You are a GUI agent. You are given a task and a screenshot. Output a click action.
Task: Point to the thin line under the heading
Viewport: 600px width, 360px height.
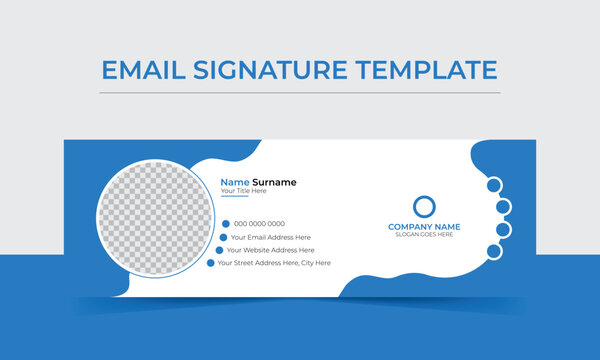pyautogui.click(x=299, y=93)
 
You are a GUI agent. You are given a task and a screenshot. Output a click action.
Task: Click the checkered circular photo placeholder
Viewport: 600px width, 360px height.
pyautogui.click(x=154, y=217)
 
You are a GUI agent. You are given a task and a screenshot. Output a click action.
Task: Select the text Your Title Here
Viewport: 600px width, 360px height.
pyautogui.click(x=243, y=191)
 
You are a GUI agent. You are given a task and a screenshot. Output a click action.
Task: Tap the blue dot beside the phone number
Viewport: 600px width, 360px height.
pyautogui.click(x=226, y=224)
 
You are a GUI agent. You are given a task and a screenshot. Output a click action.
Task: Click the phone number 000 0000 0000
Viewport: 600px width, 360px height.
pyautogui.click(x=260, y=224)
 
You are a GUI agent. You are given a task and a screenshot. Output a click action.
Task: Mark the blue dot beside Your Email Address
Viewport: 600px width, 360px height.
pyautogui.click(x=221, y=237)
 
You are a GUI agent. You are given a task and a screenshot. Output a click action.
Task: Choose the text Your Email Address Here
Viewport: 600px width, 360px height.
pyautogui.click(x=271, y=237)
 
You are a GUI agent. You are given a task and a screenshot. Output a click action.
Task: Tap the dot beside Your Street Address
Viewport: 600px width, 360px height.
pyautogui.click(x=211, y=263)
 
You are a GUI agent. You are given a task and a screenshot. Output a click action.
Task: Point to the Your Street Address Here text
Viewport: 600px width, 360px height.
pyautogui.click(x=273, y=263)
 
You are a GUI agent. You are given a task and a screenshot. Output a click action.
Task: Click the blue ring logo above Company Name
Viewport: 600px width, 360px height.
pyautogui.click(x=425, y=207)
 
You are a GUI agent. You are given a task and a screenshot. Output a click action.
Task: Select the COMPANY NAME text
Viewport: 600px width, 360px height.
pyautogui.click(x=424, y=227)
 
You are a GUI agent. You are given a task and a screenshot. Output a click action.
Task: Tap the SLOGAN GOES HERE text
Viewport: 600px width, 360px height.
pyautogui.click(x=424, y=235)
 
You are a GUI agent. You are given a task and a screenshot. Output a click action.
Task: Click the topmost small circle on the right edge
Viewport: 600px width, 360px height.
pyautogui.click(x=493, y=184)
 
